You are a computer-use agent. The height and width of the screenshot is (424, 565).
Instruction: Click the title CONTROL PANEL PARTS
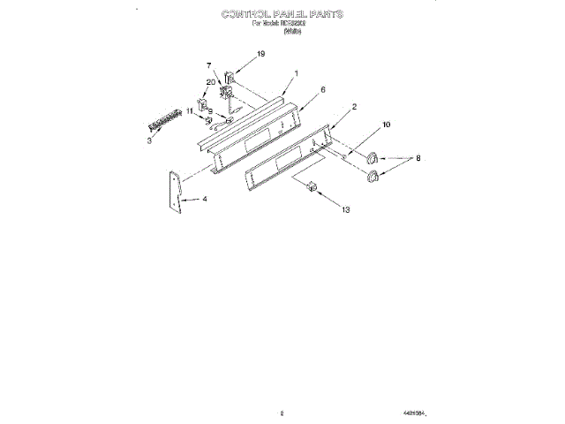point(282,15)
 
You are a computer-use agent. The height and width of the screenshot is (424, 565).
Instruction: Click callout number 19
point(260,55)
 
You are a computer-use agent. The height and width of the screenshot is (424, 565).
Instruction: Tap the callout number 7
point(209,66)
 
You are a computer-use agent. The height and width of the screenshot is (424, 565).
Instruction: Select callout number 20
point(210,82)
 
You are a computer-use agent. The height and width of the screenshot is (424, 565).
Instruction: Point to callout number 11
point(190,112)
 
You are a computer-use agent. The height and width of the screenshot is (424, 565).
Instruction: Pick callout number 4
point(205,200)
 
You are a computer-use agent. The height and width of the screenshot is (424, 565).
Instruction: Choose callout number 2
point(354,107)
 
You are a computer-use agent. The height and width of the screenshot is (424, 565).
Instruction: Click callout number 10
point(385,125)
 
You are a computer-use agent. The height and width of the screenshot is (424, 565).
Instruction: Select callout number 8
point(418,160)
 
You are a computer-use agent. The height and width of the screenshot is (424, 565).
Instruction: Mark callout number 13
point(345,210)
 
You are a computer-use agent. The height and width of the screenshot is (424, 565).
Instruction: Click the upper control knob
point(373,158)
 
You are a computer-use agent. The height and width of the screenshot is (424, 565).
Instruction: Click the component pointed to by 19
point(230,77)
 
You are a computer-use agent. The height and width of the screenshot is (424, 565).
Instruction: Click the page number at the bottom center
point(281,413)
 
